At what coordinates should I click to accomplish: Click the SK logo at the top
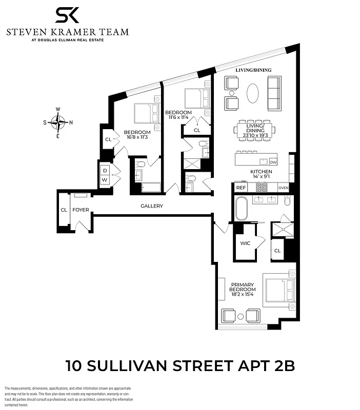tap(67, 15)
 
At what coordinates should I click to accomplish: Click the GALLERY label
tap(152, 206)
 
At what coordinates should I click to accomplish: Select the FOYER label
tap(81, 210)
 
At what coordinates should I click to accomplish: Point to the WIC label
tap(245, 243)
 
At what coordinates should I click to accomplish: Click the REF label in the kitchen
tap(241, 188)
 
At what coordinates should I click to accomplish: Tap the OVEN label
tap(284, 188)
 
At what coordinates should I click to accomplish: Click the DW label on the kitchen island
tap(273, 162)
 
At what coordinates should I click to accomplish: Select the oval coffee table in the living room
tap(253, 94)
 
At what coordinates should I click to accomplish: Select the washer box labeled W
tap(105, 180)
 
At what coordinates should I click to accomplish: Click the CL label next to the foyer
tap(64, 210)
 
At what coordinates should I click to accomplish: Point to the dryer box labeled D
tap(105, 170)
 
